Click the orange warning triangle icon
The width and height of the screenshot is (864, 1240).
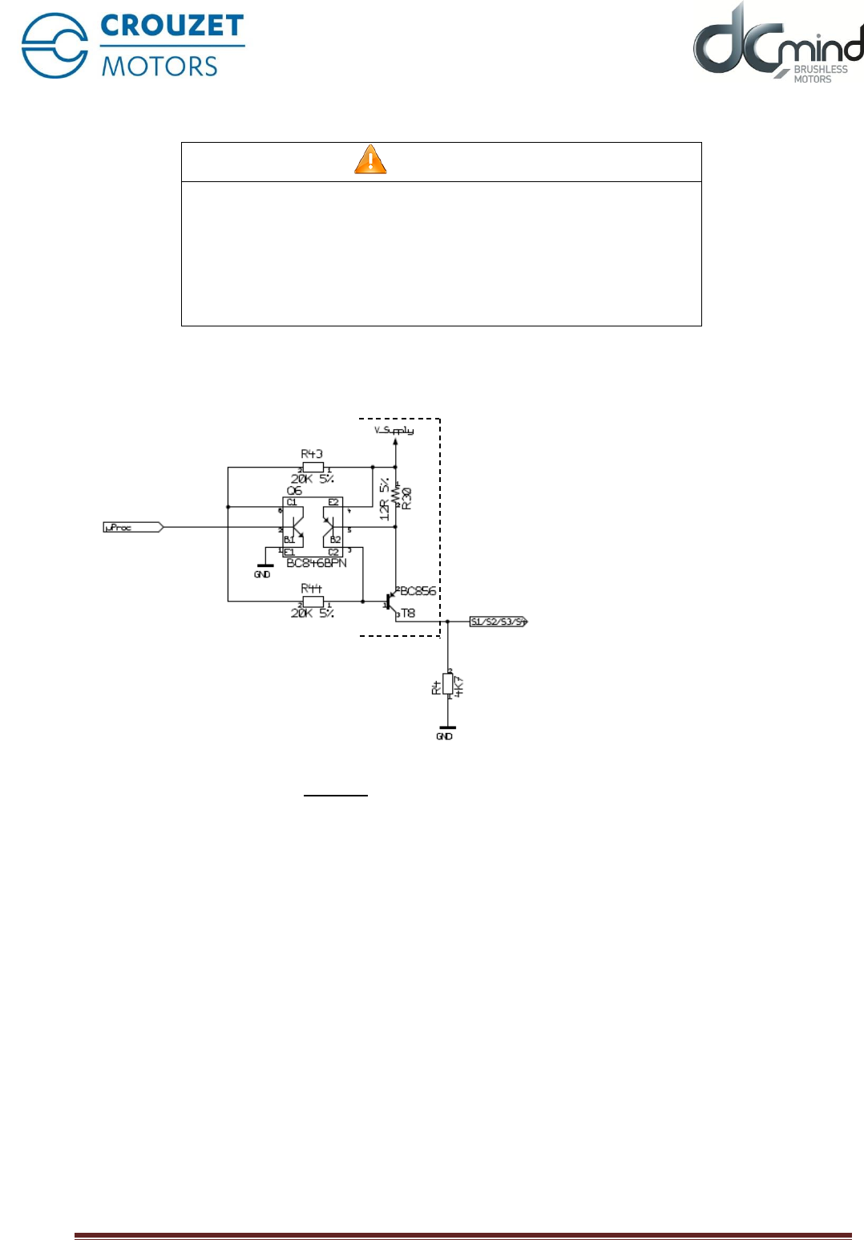tap(370, 160)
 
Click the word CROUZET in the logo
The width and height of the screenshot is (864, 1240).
tap(172, 26)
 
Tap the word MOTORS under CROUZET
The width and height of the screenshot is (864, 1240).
tap(159, 66)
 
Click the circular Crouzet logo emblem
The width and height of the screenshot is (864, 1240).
tap(55, 46)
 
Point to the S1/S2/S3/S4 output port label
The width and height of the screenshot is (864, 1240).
tap(498, 622)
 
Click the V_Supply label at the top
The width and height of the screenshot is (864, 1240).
tap(394, 431)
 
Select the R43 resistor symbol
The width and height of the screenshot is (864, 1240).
tap(313, 467)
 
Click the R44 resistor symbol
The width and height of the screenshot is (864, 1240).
tap(313, 602)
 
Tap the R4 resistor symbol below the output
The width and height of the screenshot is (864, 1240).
tap(448, 684)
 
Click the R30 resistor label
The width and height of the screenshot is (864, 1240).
tap(406, 499)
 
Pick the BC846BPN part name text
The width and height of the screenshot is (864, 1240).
tap(317, 563)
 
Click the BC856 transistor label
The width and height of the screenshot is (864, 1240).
tap(418, 591)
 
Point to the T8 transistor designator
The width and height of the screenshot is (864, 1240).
tap(408, 614)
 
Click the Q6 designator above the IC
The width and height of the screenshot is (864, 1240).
tap(294, 491)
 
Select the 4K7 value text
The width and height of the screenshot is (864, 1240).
tap(459, 687)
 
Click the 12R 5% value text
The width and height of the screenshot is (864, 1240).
tap(385, 499)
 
